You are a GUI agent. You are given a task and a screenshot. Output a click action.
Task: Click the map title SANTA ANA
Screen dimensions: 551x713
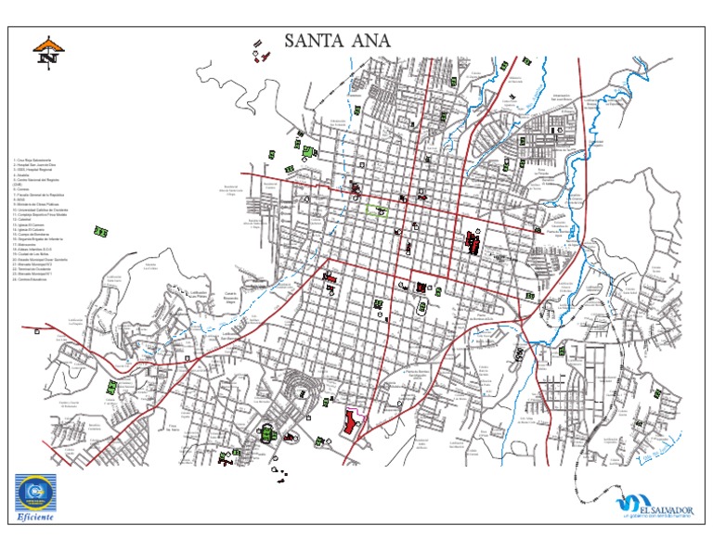click(338, 40)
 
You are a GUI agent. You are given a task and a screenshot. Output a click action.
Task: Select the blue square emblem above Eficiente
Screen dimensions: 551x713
click(36, 489)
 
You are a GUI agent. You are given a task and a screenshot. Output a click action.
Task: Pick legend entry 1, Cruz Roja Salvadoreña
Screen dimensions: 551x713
click(33, 162)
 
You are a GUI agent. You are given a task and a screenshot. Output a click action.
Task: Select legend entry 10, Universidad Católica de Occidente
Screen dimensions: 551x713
click(43, 209)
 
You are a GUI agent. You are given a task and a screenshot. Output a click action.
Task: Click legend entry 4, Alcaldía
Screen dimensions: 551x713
click(25, 178)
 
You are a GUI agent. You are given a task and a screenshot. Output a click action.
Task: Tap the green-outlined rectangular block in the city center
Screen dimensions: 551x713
click(376, 211)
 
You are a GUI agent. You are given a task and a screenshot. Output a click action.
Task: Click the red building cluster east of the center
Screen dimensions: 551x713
click(472, 244)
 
